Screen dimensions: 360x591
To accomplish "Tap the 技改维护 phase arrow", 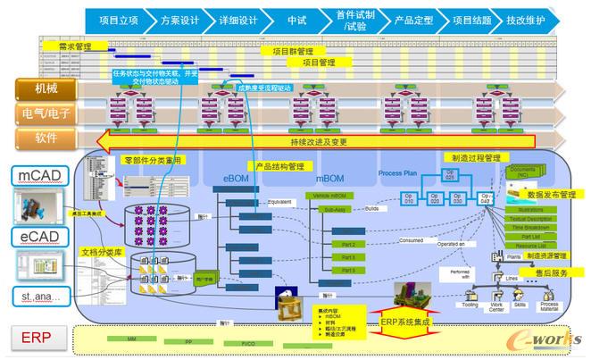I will point(526,19).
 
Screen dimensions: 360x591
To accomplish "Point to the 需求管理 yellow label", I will point(71,45).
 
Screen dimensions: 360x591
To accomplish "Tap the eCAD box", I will point(36,236).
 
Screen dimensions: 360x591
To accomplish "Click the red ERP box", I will point(36,337).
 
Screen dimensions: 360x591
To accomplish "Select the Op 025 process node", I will point(450,177).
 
